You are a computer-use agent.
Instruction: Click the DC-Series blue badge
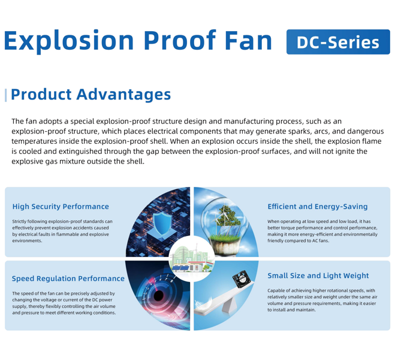coord(338,42)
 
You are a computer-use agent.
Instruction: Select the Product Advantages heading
coord(91,95)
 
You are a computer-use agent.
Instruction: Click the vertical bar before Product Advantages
coord(6,95)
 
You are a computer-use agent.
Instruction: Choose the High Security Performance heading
coord(61,207)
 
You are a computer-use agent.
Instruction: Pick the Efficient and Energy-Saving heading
coord(318,207)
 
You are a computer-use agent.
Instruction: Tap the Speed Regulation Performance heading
coord(68,279)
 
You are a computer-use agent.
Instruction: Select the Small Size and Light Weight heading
coord(318,276)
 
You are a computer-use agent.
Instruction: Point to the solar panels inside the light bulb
coord(228,231)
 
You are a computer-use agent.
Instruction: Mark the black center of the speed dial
coord(159,296)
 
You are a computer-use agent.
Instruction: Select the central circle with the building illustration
coord(192,259)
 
